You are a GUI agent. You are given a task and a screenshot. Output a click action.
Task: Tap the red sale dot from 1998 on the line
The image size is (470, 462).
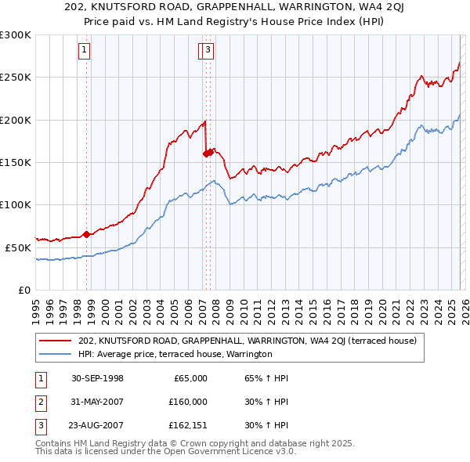(86, 234)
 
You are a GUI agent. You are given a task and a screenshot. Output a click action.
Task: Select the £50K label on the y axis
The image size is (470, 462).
(18, 247)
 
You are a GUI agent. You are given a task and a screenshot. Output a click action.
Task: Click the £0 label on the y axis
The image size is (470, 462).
(23, 290)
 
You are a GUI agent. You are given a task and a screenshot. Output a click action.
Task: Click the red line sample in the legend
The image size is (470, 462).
(56, 341)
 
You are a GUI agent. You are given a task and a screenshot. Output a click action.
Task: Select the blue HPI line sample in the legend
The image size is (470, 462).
(56, 354)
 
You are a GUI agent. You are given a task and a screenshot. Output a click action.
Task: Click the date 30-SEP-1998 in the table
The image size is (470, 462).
(97, 378)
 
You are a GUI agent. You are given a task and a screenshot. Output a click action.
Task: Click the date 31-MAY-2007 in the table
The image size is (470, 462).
(97, 402)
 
